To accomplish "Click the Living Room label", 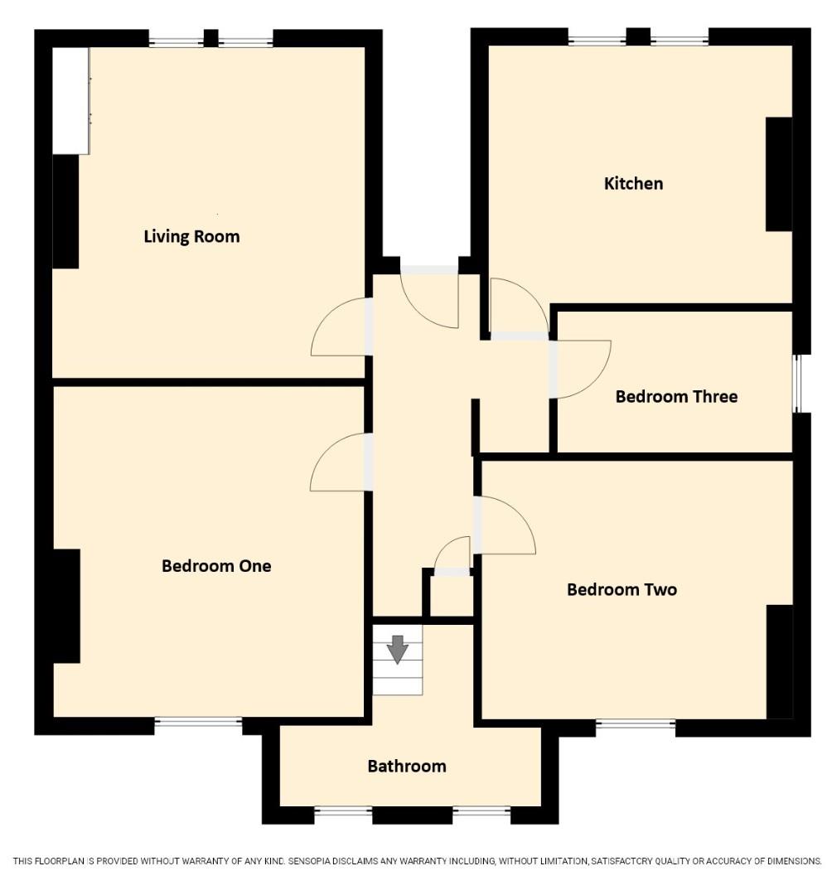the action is [191, 236].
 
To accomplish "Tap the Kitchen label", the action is [633, 183].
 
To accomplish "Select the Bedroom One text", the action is [216, 566].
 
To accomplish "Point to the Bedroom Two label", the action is [622, 589].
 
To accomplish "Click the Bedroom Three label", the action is [676, 396].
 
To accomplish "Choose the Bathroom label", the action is [407, 766].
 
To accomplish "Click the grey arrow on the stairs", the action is [397, 650].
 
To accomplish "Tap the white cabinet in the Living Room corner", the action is [70, 100].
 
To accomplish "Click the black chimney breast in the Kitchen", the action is [778, 174].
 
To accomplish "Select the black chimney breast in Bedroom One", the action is [66, 606].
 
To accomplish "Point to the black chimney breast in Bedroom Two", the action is [779, 662].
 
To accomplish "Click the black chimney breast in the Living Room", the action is [65, 211].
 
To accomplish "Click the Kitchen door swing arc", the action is [531, 293].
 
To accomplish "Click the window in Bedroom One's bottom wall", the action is [199, 723].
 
